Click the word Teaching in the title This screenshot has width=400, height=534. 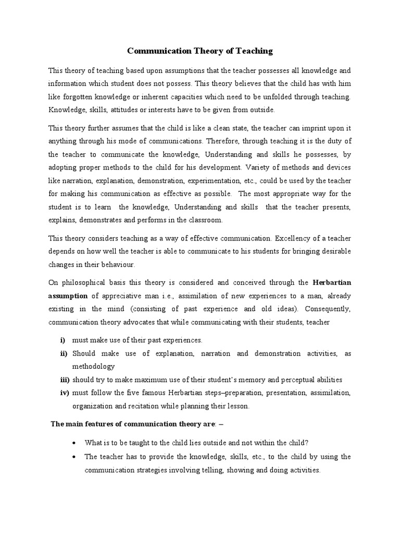(254, 51)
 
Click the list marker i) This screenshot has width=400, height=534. (63, 340)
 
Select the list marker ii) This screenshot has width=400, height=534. (63, 354)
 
